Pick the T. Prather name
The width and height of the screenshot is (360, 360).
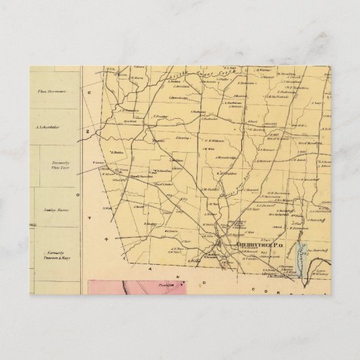pos(160,116)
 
